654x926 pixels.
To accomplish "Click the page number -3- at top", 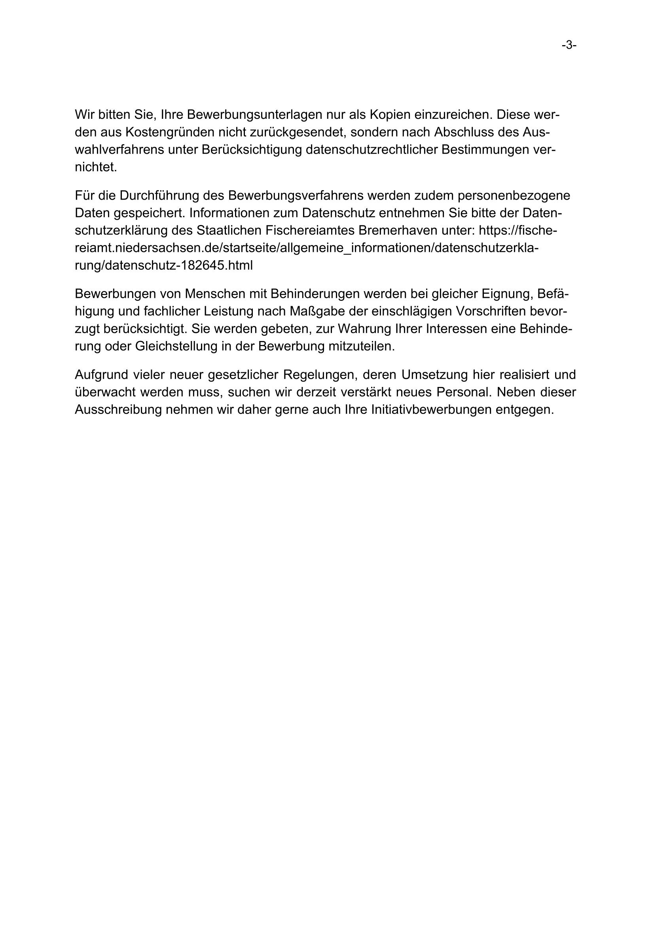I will point(569,46).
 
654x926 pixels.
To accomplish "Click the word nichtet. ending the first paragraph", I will point(96,167).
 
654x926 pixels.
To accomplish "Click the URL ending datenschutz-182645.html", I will point(164,265).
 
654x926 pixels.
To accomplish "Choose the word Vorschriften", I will point(493,311).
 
